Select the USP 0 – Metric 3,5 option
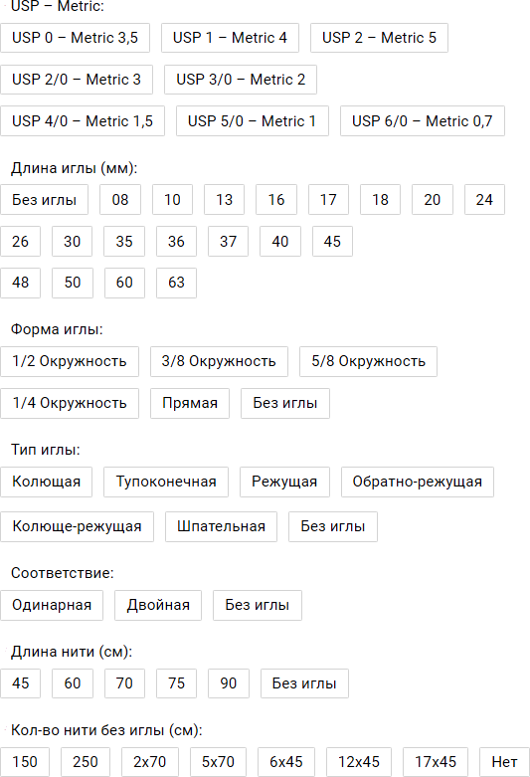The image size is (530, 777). (x=75, y=38)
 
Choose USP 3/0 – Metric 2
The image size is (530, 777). (x=241, y=80)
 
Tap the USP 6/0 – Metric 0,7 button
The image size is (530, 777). (x=422, y=121)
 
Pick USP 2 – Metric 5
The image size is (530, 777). (x=379, y=38)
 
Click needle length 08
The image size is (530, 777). (x=120, y=200)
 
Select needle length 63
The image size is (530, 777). (x=176, y=283)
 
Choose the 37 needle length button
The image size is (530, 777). (x=228, y=242)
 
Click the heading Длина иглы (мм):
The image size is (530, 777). (x=74, y=168)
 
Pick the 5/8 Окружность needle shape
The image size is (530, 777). (x=368, y=361)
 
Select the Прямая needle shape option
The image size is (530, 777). (x=190, y=403)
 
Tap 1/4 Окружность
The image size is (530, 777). (x=70, y=403)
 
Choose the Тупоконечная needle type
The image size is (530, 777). (x=166, y=482)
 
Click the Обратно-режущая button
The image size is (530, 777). (x=417, y=482)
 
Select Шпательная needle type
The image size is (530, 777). (x=221, y=526)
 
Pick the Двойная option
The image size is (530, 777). (x=158, y=605)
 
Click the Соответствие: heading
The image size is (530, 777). (x=63, y=573)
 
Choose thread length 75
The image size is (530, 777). (x=176, y=683)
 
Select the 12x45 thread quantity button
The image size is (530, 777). (x=359, y=762)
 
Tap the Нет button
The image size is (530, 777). (x=504, y=762)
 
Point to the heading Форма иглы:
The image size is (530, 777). (x=57, y=329)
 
